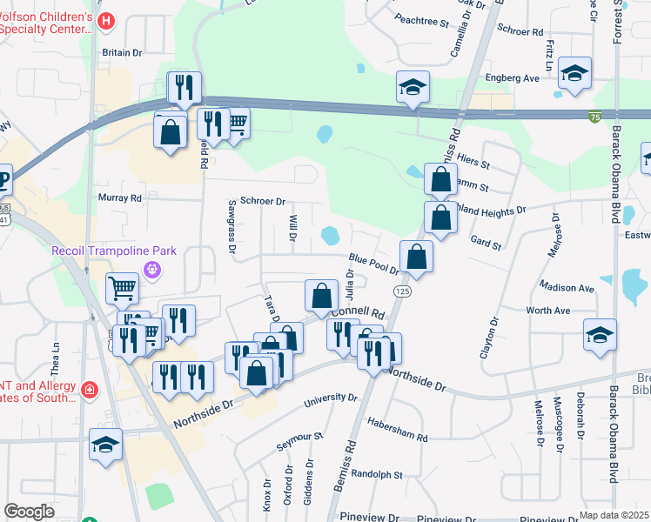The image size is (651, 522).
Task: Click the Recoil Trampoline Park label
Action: pyautogui.click(x=114, y=251)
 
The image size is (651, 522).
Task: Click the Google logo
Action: pyautogui.click(x=30, y=512)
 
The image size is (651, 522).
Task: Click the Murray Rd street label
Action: pyautogui.click(x=120, y=198)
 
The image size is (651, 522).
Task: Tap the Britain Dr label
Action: pyautogui.click(x=122, y=52)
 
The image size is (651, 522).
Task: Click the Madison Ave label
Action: pyautogui.click(x=567, y=287)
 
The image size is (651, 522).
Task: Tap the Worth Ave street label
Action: pyautogui.click(x=548, y=311)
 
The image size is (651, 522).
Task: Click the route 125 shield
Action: pyautogui.click(x=401, y=290)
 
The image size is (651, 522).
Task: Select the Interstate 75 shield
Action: pyautogui.click(x=594, y=117)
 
